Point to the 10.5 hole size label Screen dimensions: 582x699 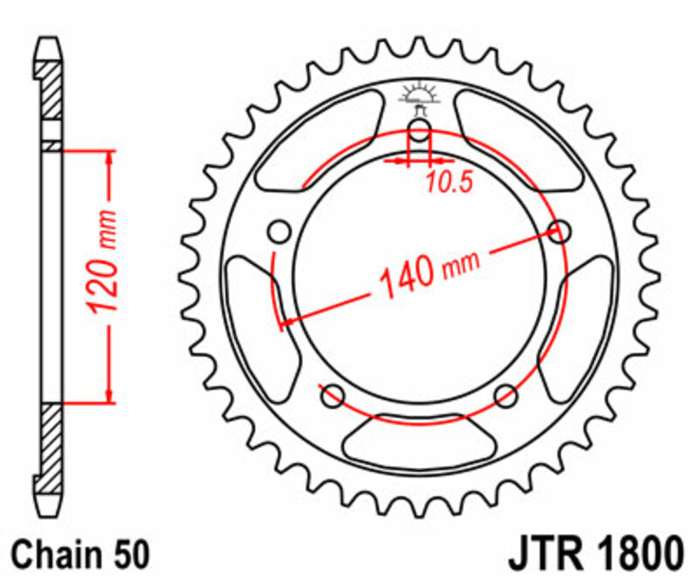tap(449, 183)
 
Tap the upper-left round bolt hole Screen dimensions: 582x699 tap(280, 232)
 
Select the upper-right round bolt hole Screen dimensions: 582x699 tap(559, 232)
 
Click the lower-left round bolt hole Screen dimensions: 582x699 tap(332, 397)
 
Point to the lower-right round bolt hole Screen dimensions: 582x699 tap(506, 397)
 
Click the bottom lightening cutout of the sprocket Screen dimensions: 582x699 tap(419, 441)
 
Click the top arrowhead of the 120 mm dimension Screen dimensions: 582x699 tap(109, 158)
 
